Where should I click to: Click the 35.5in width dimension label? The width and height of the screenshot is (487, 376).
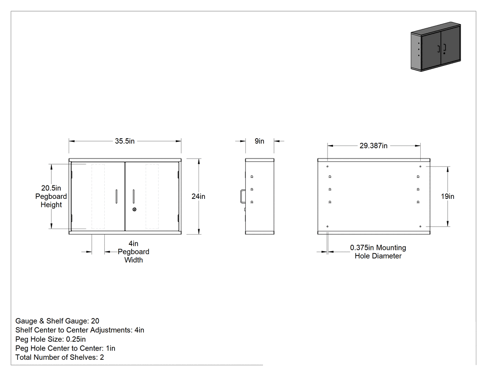(125, 141)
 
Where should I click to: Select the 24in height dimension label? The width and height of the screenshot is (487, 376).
(198, 196)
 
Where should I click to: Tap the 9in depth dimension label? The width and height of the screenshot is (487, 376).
(259, 141)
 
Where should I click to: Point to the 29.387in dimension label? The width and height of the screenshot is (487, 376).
(373, 146)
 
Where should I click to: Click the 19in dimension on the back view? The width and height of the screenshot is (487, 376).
(448, 196)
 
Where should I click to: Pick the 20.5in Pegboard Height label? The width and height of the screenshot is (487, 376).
(51, 196)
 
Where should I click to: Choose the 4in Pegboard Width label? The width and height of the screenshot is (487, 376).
(134, 251)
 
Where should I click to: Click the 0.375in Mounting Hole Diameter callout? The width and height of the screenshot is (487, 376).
(378, 252)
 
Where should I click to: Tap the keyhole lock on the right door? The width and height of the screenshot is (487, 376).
(135, 210)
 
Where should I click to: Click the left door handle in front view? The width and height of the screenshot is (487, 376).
(116, 197)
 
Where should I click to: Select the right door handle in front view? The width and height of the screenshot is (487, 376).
(134, 197)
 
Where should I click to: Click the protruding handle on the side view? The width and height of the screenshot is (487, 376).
(241, 197)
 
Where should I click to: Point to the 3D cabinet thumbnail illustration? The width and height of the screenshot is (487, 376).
(436, 46)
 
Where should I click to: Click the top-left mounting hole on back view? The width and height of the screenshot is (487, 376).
(327, 166)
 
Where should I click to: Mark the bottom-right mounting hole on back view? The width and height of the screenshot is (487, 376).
(421, 226)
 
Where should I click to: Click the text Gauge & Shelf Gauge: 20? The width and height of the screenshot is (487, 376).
(57, 321)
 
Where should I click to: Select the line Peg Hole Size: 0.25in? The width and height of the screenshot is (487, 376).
(50, 339)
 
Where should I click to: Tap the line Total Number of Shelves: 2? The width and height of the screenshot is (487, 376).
(60, 357)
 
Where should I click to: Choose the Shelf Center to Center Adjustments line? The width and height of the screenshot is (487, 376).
(80, 330)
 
